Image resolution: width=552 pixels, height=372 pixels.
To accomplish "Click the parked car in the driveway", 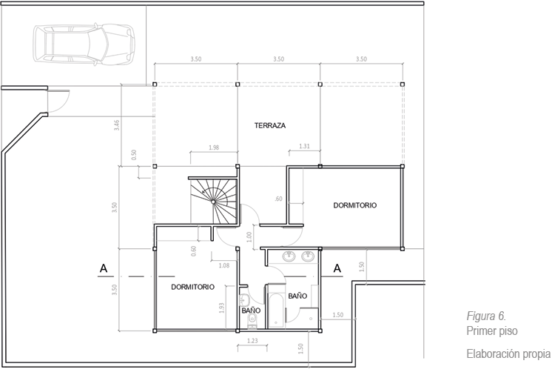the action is pyautogui.click(x=84, y=44).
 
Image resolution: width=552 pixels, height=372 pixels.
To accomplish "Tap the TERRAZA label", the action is pyautogui.click(x=270, y=125).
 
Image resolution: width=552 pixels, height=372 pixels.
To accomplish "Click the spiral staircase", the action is pyautogui.click(x=214, y=201).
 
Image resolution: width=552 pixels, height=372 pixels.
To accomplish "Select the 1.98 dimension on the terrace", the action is pyautogui.click(x=214, y=147).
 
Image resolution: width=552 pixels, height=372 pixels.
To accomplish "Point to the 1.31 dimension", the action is pyautogui.click(x=305, y=146).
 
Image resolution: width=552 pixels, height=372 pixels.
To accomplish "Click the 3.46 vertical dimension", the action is pyautogui.click(x=117, y=124).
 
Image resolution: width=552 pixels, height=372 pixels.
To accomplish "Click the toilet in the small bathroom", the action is pyautogui.click(x=252, y=321).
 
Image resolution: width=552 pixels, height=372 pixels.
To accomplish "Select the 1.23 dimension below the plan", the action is pyautogui.click(x=252, y=341).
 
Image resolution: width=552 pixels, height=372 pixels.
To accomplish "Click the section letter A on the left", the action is pyautogui.click(x=104, y=268).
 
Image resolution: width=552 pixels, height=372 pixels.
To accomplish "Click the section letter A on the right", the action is pyautogui.click(x=337, y=268).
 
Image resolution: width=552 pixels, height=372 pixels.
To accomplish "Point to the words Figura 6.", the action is pyautogui.click(x=487, y=316).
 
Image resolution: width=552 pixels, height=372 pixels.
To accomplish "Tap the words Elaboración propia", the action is pyautogui.click(x=508, y=353).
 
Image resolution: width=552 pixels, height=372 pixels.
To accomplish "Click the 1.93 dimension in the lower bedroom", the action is pyautogui.click(x=222, y=308).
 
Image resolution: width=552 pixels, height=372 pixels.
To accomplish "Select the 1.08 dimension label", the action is pyautogui.click(x=224, y=265).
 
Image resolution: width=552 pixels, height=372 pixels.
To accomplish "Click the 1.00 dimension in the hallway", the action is pyautogui.click(x=249, y=237).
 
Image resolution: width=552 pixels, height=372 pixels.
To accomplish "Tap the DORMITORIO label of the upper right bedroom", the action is pyautogui.click(x=355, y=205).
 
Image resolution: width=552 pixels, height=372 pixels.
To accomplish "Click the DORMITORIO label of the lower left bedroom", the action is pyautogui.click(x=192, y=287).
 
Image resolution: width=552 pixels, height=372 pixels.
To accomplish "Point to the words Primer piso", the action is pyautogui.click(x=492, y=331).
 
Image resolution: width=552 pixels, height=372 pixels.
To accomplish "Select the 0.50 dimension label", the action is pyautogui.click(x=134, y=155).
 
